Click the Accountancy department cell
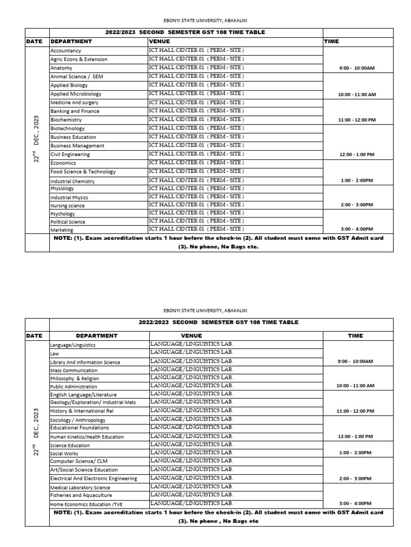[x=66, y=51]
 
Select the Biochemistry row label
[x=66, y=120]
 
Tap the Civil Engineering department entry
[x=70, y=154]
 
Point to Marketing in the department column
[x=62, y=230]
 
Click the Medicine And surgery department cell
[x=74, y=103]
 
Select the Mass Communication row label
[x=74, y=370]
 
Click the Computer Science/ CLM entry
[x=77, y=461]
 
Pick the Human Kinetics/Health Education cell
[x=87, y=437]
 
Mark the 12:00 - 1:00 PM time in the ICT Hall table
[x=356, y=154]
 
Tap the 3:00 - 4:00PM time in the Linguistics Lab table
[x=355, y=503]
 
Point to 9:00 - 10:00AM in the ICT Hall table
[x=356, y=68]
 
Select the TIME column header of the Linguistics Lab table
[x=355, y=336]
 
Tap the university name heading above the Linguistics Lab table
[x=205, y=310]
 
